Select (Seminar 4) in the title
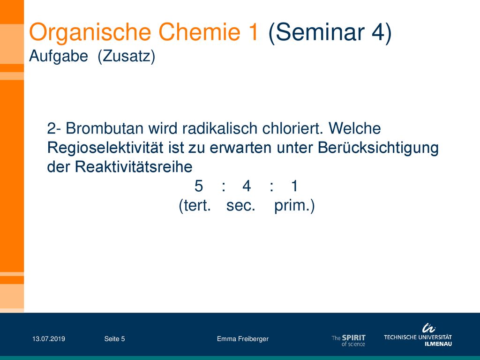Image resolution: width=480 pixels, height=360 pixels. pos(330,32)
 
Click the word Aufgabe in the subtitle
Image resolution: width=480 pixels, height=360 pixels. pos(59,57)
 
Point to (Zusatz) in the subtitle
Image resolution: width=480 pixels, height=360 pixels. pos(127,57)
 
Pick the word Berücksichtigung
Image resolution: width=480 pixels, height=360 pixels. pos(378,148)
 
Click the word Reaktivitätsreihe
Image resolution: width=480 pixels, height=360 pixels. pos(134,167)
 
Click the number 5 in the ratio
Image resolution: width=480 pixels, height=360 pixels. pos(199,186)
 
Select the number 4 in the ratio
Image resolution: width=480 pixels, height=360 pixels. pos(247,186)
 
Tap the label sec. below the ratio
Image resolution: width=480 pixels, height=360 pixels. pos(240,205)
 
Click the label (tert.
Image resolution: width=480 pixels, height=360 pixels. pos(195,206)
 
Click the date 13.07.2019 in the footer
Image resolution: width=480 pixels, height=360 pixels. pos(49,339)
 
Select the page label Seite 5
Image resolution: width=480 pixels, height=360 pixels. pos(114,339)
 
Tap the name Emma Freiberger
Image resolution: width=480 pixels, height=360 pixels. pos(243,339)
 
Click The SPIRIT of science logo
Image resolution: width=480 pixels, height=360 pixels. pos(349,340)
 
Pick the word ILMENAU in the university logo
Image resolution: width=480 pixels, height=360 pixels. pos(438,344)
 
